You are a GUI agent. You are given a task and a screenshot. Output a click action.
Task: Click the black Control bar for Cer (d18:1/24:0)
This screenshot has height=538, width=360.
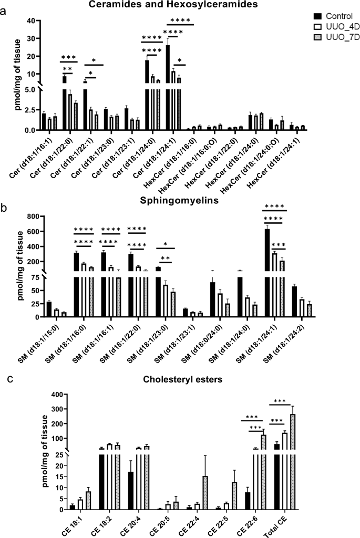[x=147, y=95]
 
